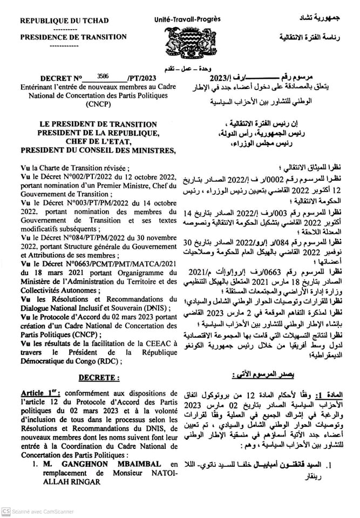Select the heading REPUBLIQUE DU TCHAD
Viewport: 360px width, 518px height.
point(64,21)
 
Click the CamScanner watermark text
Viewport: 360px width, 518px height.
point(38,511)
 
